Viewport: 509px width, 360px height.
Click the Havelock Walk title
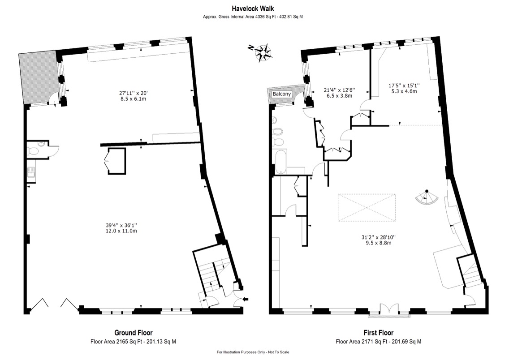pos(253,9)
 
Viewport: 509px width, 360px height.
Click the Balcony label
pos(281,94)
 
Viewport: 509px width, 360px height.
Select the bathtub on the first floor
pos(281,162)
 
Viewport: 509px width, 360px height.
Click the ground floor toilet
pos(34,151)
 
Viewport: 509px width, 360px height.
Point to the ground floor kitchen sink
pos(31,172)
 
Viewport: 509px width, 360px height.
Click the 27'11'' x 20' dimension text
pos(134,93)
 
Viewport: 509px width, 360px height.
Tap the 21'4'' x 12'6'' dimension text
pos(340,90)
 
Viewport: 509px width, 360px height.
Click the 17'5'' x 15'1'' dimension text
pos(404,86)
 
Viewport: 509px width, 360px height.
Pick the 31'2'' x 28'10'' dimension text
pos(379,237)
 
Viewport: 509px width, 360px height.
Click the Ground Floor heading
pos(134,333)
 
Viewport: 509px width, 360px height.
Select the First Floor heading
pos(379,333)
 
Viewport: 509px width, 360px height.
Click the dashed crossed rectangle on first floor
pos(367,208)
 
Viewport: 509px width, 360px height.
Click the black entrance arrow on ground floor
pos(246,299)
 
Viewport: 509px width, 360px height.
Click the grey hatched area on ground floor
pos(37,78)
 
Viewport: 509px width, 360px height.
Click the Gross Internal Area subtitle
pos(253,17)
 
